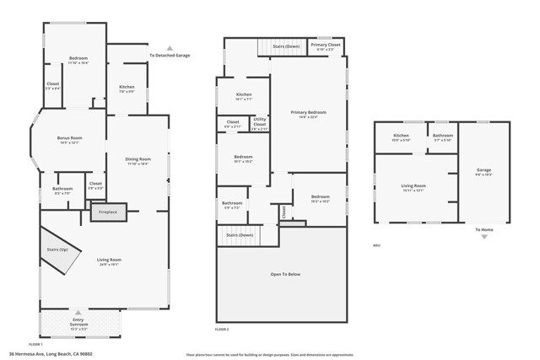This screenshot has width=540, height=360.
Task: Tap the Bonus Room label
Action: pyautogui.click(x=69, y=140)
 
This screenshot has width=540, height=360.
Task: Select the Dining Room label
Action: pyautogui.click(x=138, y=160)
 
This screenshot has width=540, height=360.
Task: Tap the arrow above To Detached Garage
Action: pyautogui.click(x=170, y=49)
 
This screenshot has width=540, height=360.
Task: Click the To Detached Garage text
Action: pyautogui.click(x=170, y=56)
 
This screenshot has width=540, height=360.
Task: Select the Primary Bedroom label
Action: pyautogui.click(x=308, y=114)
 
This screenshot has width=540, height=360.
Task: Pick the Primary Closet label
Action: pyautogui.click(x=325, y=46)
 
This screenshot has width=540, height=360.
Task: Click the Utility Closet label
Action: pyautogui.click(x=260, y=123)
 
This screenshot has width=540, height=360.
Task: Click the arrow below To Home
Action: pyautogui.click(x=484, y=238)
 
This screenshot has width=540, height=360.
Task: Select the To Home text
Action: pyautogui.click(x=484, y=229)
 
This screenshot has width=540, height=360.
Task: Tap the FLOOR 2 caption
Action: pyautogui.click(x=223, y=329)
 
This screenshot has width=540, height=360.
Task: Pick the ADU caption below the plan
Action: pyautogui.click(x=376, y=246)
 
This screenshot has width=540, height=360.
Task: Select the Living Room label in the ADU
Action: pyautogui.click(x=413, y=187)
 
